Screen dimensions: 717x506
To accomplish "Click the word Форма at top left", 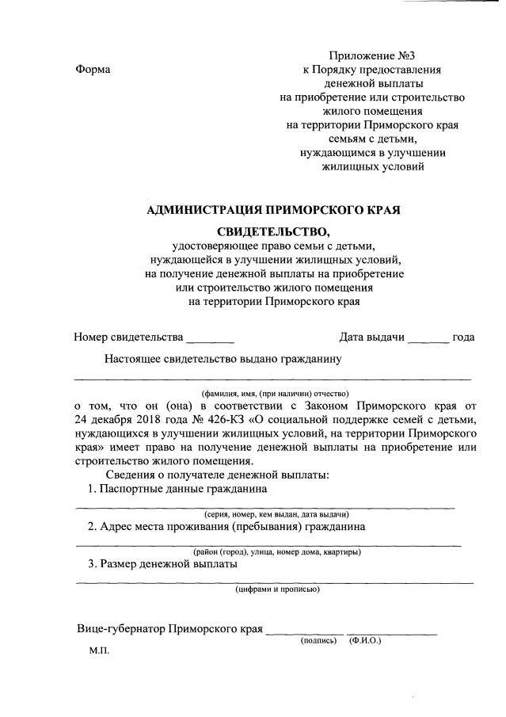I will point(93,70).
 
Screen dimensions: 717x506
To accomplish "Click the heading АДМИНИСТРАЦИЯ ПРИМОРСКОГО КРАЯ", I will point(274,210).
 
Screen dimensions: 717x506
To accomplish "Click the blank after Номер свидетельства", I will point(210,338).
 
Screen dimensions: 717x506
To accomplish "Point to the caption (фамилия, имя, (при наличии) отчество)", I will point(274,393).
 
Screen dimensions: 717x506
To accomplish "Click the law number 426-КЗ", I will point(181,419).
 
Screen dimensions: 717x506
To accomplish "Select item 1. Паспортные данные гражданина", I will point(177,489).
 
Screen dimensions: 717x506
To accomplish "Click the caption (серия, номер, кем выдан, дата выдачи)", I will point(273,513).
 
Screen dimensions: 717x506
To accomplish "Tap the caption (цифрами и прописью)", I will point(277,589).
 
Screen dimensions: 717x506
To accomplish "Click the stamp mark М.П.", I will point(99,651).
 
